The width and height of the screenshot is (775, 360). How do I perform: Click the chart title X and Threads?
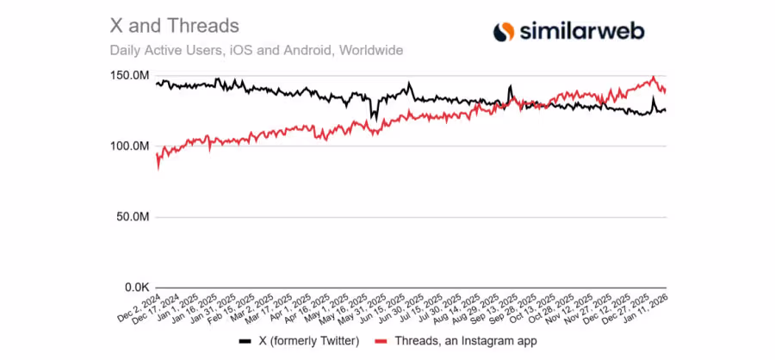pos(175,26)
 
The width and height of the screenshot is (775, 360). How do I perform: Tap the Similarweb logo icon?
pos(504,32)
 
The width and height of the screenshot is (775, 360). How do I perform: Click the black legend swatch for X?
pos(245,342)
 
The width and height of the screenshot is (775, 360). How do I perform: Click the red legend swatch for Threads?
pos(383,342)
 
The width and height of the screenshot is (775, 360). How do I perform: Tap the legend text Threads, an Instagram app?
pos(465,342)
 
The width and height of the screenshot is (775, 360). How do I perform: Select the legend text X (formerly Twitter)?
pos(309,342)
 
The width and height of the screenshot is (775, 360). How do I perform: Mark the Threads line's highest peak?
pos(654,78)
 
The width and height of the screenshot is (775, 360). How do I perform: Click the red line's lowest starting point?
pos(158,169)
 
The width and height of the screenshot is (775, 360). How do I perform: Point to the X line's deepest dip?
pos(372,119)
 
